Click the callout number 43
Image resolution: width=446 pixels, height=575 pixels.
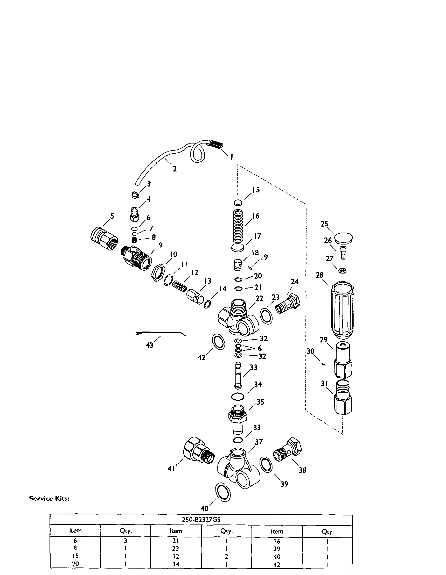[149, 345]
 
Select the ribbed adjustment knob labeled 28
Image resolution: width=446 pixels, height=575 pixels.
[342, 310]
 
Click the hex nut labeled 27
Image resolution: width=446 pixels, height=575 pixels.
[342, 270]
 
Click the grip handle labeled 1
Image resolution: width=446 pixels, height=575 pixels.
[216, 145]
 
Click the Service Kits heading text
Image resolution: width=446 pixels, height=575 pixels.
[49, 499]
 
